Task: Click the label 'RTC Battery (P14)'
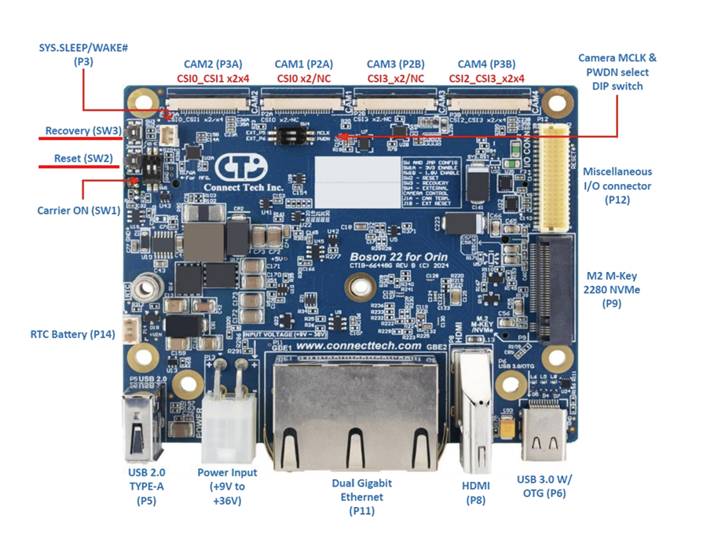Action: (x=72, y=334)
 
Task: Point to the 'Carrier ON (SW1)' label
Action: (x=78, y=211)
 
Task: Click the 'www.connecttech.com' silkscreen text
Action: (x=360, y=346)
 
